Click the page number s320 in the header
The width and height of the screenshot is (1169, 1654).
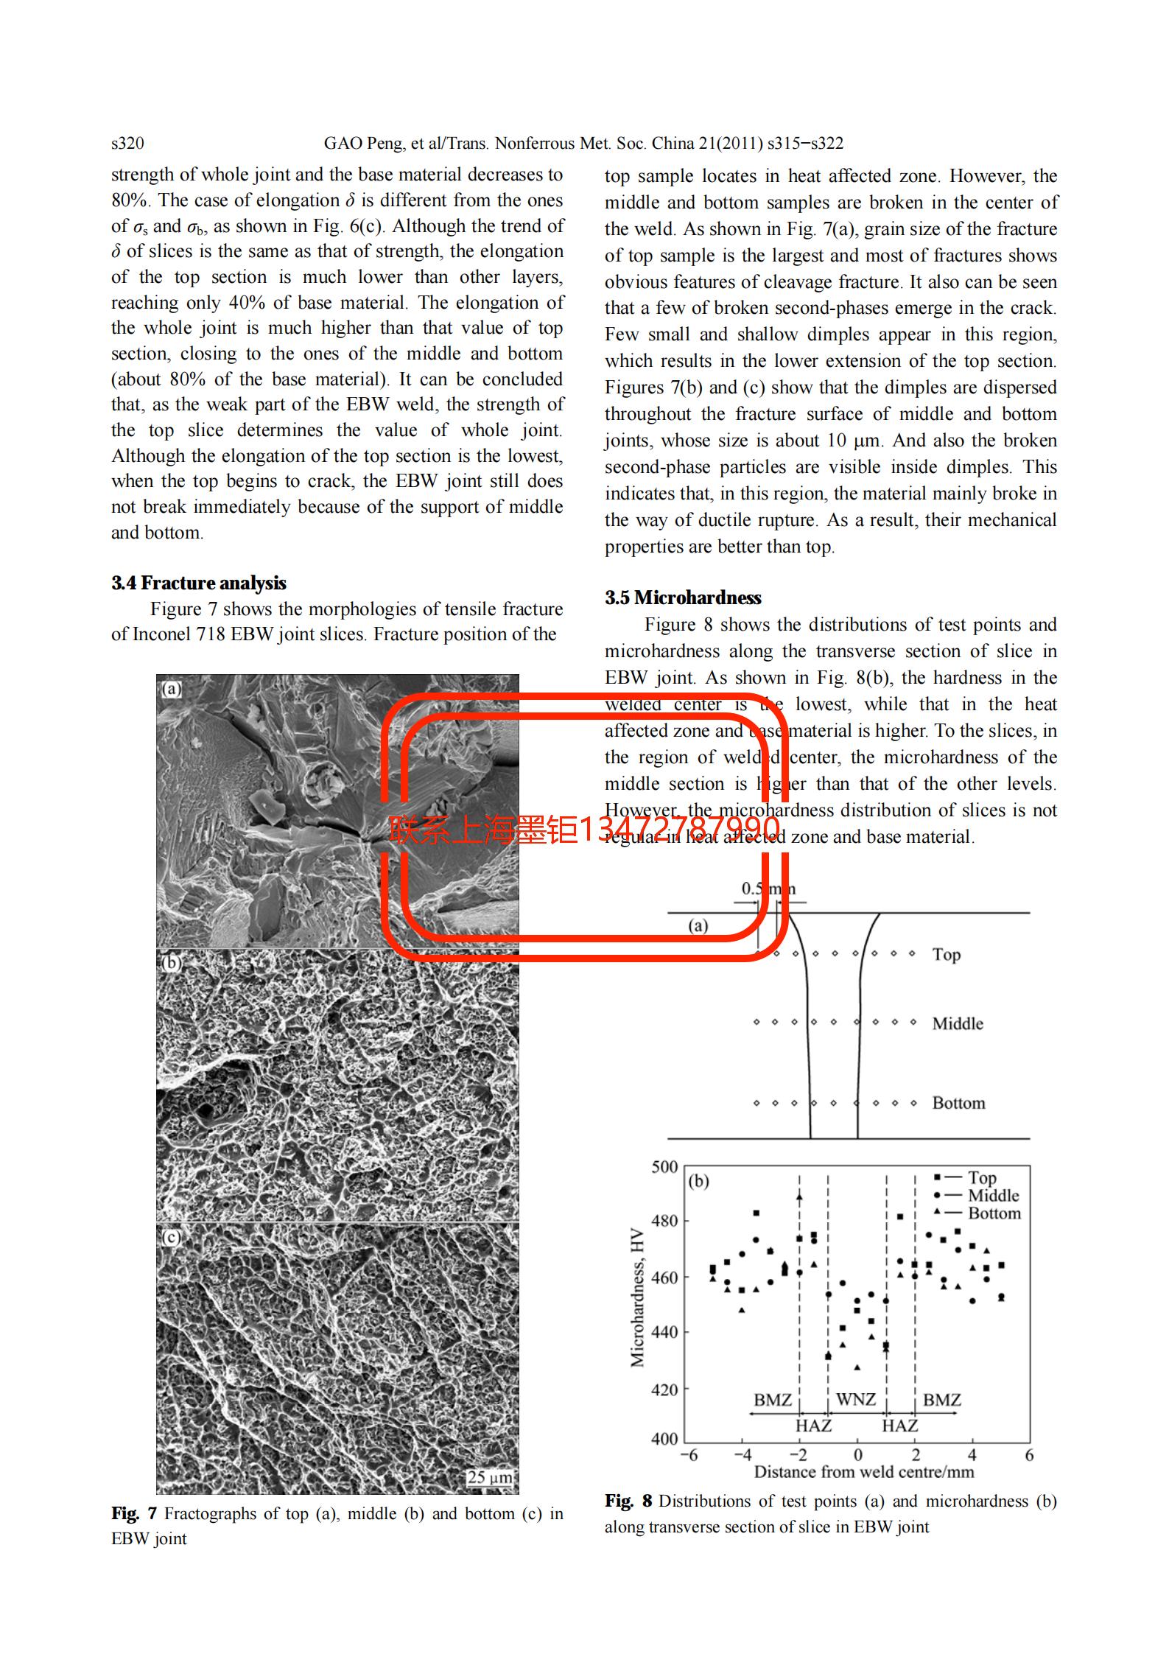click(x=127, y=143)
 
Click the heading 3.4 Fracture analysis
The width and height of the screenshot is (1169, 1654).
click(x=199, y=583)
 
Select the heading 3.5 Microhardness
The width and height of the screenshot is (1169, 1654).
click(x=683, y=598)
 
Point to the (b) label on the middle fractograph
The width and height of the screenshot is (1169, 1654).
click(x=171, y=963)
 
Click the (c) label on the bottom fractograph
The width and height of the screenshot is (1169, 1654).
click(x=171, y=1237)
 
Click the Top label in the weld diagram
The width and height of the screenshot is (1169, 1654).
click(x=947, y=955)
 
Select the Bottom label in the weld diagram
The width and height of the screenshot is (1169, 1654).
click(x=958, y=1103)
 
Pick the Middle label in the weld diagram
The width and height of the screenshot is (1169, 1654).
click(x=958, y=1023)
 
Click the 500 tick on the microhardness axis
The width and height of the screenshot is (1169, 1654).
click(x=664, y=1166)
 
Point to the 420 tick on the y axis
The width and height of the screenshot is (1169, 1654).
click(x=664, y=1389)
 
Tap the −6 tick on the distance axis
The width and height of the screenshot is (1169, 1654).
click(x=688, y=1455)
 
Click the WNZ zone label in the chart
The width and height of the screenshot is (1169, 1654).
click(x=856, y=1399)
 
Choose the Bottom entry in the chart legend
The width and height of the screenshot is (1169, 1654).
click(x=994, y=1213)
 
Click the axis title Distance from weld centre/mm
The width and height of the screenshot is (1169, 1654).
click(x=863, y=1472)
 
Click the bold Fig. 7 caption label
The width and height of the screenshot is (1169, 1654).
click(x=134, y=1514)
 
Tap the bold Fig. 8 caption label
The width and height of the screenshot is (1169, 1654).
click(x=628, y=1501)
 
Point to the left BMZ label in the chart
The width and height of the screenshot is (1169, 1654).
click(x=772, y=1400)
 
